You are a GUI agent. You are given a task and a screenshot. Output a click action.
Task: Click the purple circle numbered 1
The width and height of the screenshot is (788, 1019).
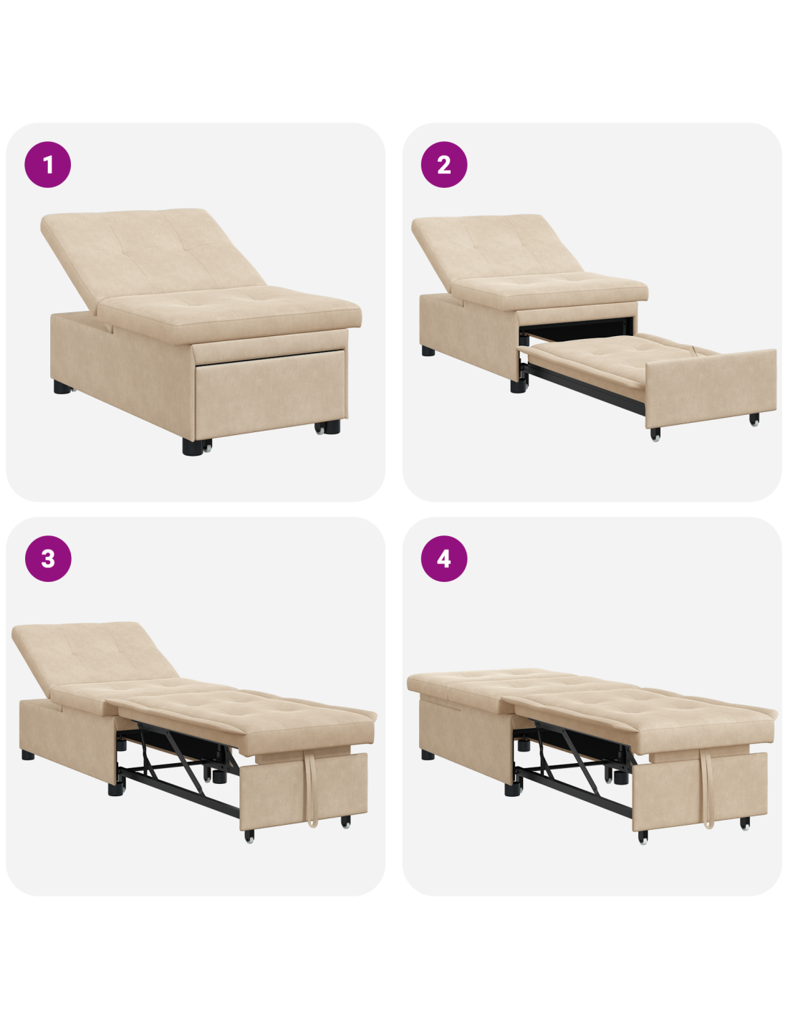pyautogui.click(x=48, y=165)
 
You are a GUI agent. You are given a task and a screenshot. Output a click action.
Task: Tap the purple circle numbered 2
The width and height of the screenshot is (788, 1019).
pyautogui.click(x=444, y=165)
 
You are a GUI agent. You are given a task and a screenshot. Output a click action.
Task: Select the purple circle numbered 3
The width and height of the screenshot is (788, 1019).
pyautogui.click(x=48, y=558)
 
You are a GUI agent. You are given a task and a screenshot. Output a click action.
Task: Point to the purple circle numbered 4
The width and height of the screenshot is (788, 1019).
pyautogui.click(x=444, y=558)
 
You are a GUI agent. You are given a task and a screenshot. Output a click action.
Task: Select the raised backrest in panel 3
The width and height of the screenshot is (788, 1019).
pyautogui.click(x=94, y=656)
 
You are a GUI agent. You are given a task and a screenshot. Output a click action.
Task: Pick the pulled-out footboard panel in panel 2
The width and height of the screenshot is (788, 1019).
pyautogui.click(x=710, y=388)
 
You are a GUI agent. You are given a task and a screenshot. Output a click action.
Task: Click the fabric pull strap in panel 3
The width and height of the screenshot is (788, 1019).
pyautogui.click(x=312, y=789)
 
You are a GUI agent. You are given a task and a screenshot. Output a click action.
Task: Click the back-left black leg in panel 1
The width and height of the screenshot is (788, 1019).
pyautogui.click(x=62, y=388)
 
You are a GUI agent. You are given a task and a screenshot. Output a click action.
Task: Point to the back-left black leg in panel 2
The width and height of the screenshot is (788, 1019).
pyautogui.click(x=428, y=350)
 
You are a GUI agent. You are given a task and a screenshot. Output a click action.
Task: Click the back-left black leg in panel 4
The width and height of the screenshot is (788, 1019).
pyautogui.click(x=428, y=755)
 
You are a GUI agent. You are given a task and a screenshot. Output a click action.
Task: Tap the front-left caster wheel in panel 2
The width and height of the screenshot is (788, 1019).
pyautogui.click(x=655, y=435)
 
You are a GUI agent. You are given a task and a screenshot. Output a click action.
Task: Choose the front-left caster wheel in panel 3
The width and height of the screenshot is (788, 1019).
pyautogui.click(x=249, y=836)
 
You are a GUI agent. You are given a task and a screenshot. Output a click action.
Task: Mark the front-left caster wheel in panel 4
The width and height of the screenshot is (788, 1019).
pyautogui.click(x=643, y=837)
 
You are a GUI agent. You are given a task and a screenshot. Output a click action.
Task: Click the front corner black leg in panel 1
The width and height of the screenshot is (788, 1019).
pyautogui.click(x=191, y=447)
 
